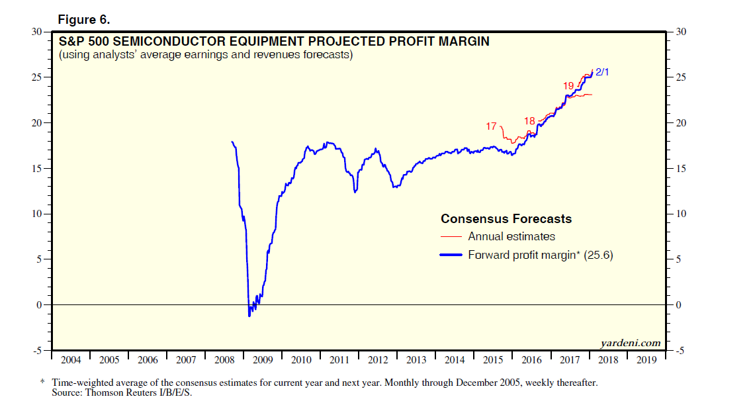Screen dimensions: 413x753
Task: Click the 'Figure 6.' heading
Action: [x=84, y=20]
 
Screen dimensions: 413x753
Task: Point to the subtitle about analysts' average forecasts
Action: [x=205, y=55]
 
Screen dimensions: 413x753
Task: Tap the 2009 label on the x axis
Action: [x=263, y=360]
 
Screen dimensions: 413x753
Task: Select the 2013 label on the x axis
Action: [x=416, y=360]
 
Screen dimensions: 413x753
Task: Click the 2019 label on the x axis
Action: [x=646, y=360]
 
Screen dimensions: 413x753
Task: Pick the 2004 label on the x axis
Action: [x=71, y=360]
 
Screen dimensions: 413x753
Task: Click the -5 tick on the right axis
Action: [x=681, y=351]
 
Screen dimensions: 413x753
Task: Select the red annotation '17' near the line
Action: [x=491, y=126]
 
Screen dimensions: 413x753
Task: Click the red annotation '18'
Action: [x=529, y=120]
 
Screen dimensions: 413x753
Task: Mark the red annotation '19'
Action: [x=568, y=85]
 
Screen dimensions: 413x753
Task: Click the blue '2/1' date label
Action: [x=601, y=71]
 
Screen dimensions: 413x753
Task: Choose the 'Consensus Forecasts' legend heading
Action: [x=506, y=219]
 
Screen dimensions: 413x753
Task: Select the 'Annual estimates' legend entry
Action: [x=511, y=236]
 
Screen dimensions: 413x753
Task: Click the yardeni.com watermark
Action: [x=630, y=342]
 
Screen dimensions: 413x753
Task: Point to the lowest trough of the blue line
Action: [x=249, y=316]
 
